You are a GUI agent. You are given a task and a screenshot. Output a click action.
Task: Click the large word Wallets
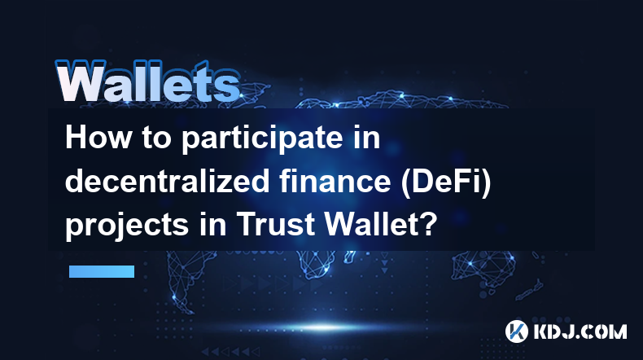tap(148, 81)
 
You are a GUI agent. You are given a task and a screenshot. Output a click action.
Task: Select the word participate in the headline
tap(262, 139)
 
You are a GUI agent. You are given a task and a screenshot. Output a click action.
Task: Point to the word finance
tap(335, 181)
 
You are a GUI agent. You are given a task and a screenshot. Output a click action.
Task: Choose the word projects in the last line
tap(127, 226)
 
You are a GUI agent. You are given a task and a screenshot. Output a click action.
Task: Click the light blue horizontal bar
tap(102, 271)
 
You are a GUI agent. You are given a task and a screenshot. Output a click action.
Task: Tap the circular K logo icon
tap(516, 331)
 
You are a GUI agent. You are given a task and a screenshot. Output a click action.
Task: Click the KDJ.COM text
tap(580, 331)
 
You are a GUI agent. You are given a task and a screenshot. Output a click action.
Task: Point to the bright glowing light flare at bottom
tap(324, 327)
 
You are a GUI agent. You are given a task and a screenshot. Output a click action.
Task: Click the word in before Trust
tap(212, 224)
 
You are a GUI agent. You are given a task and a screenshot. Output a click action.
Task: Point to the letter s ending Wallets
tap(227, 87)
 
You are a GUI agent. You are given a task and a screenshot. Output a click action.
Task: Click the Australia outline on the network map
tap(484, 267)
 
